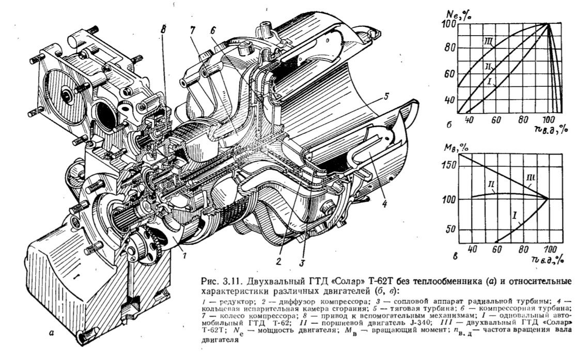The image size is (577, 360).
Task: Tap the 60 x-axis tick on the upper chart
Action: coord(496,120)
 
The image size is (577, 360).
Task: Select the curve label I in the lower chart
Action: coord(514,211)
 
